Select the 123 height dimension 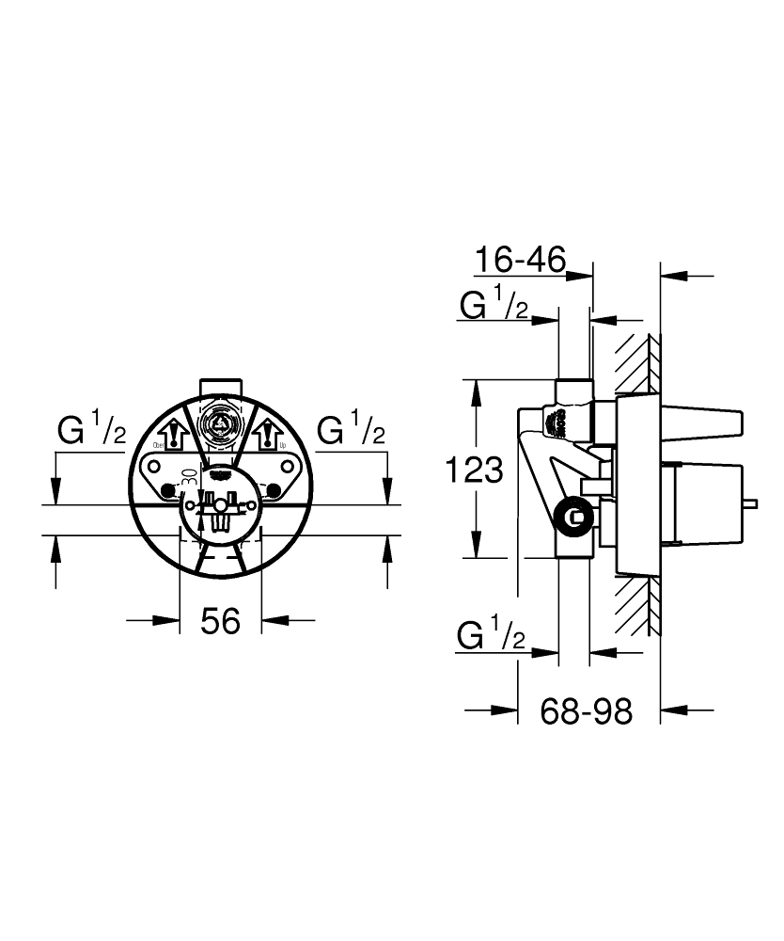click(474, 468)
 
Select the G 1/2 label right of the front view click(351, 431)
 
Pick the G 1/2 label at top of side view click(493, 305)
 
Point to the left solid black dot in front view click(168, 490)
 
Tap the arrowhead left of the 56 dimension click(168, 619)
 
